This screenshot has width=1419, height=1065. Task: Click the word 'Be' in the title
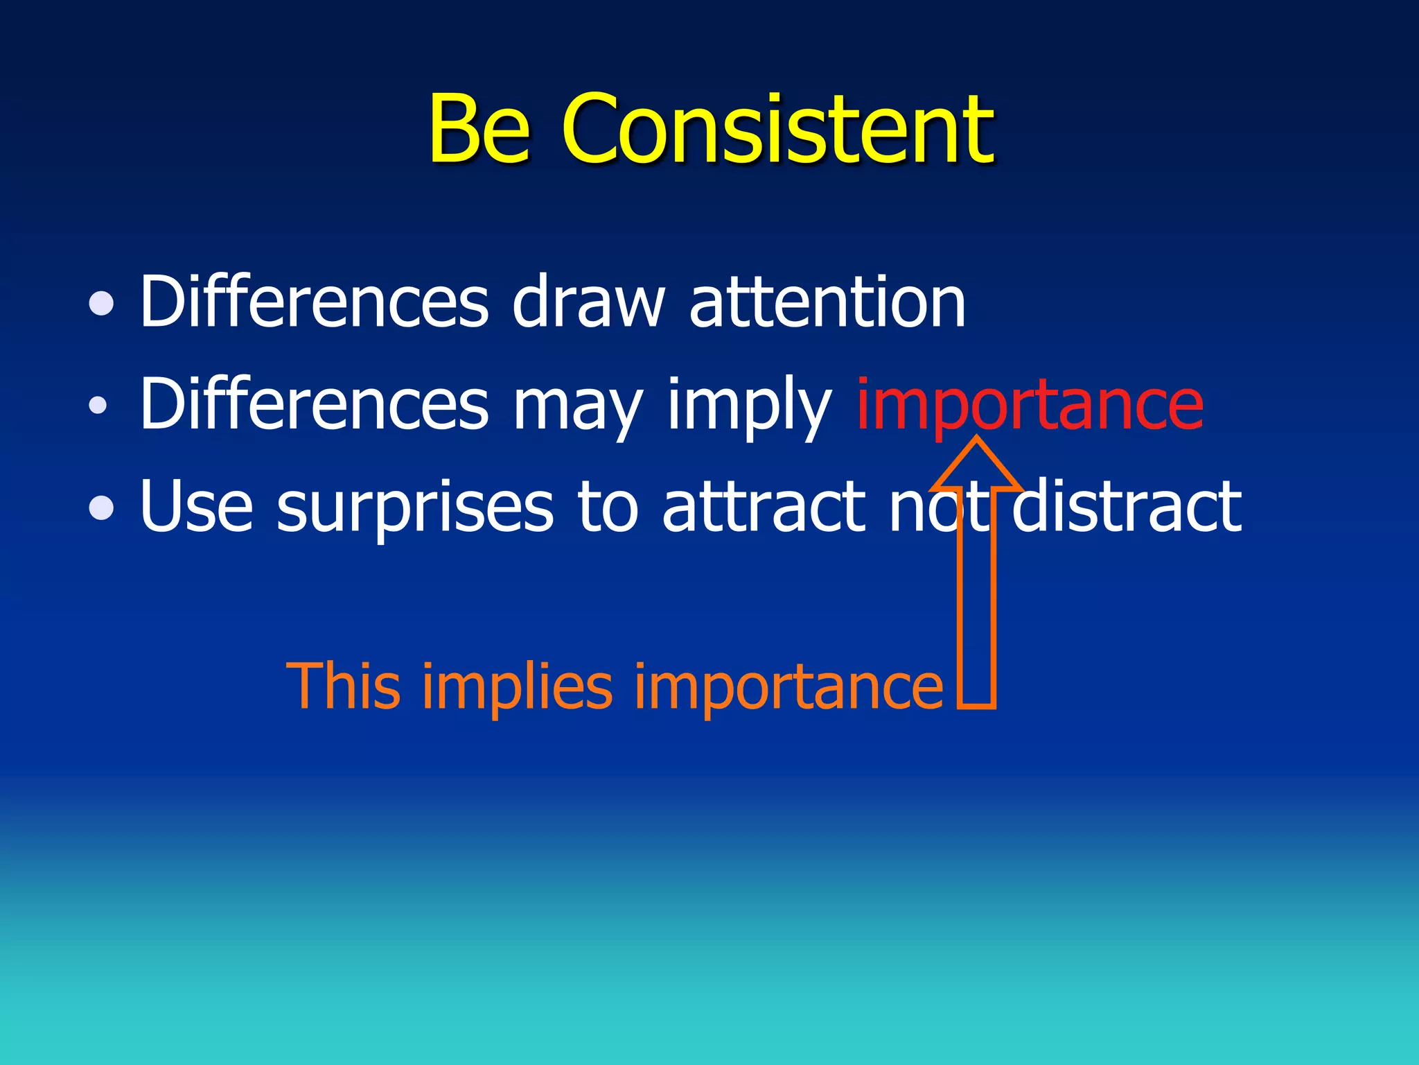tap(479, 130)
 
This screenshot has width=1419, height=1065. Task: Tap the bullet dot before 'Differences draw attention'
tap(102, 303)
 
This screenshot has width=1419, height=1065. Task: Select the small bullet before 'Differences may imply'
tap(98, 405)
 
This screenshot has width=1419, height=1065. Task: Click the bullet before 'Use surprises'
tap(102, 508)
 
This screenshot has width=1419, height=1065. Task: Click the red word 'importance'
tap(1030, 406)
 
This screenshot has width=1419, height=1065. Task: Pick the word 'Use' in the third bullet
tap(196, 508)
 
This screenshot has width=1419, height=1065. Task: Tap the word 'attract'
tap(763, 508)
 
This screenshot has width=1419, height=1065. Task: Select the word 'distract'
tap(1127, 508)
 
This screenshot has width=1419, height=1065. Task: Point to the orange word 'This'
tap(344, 686)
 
